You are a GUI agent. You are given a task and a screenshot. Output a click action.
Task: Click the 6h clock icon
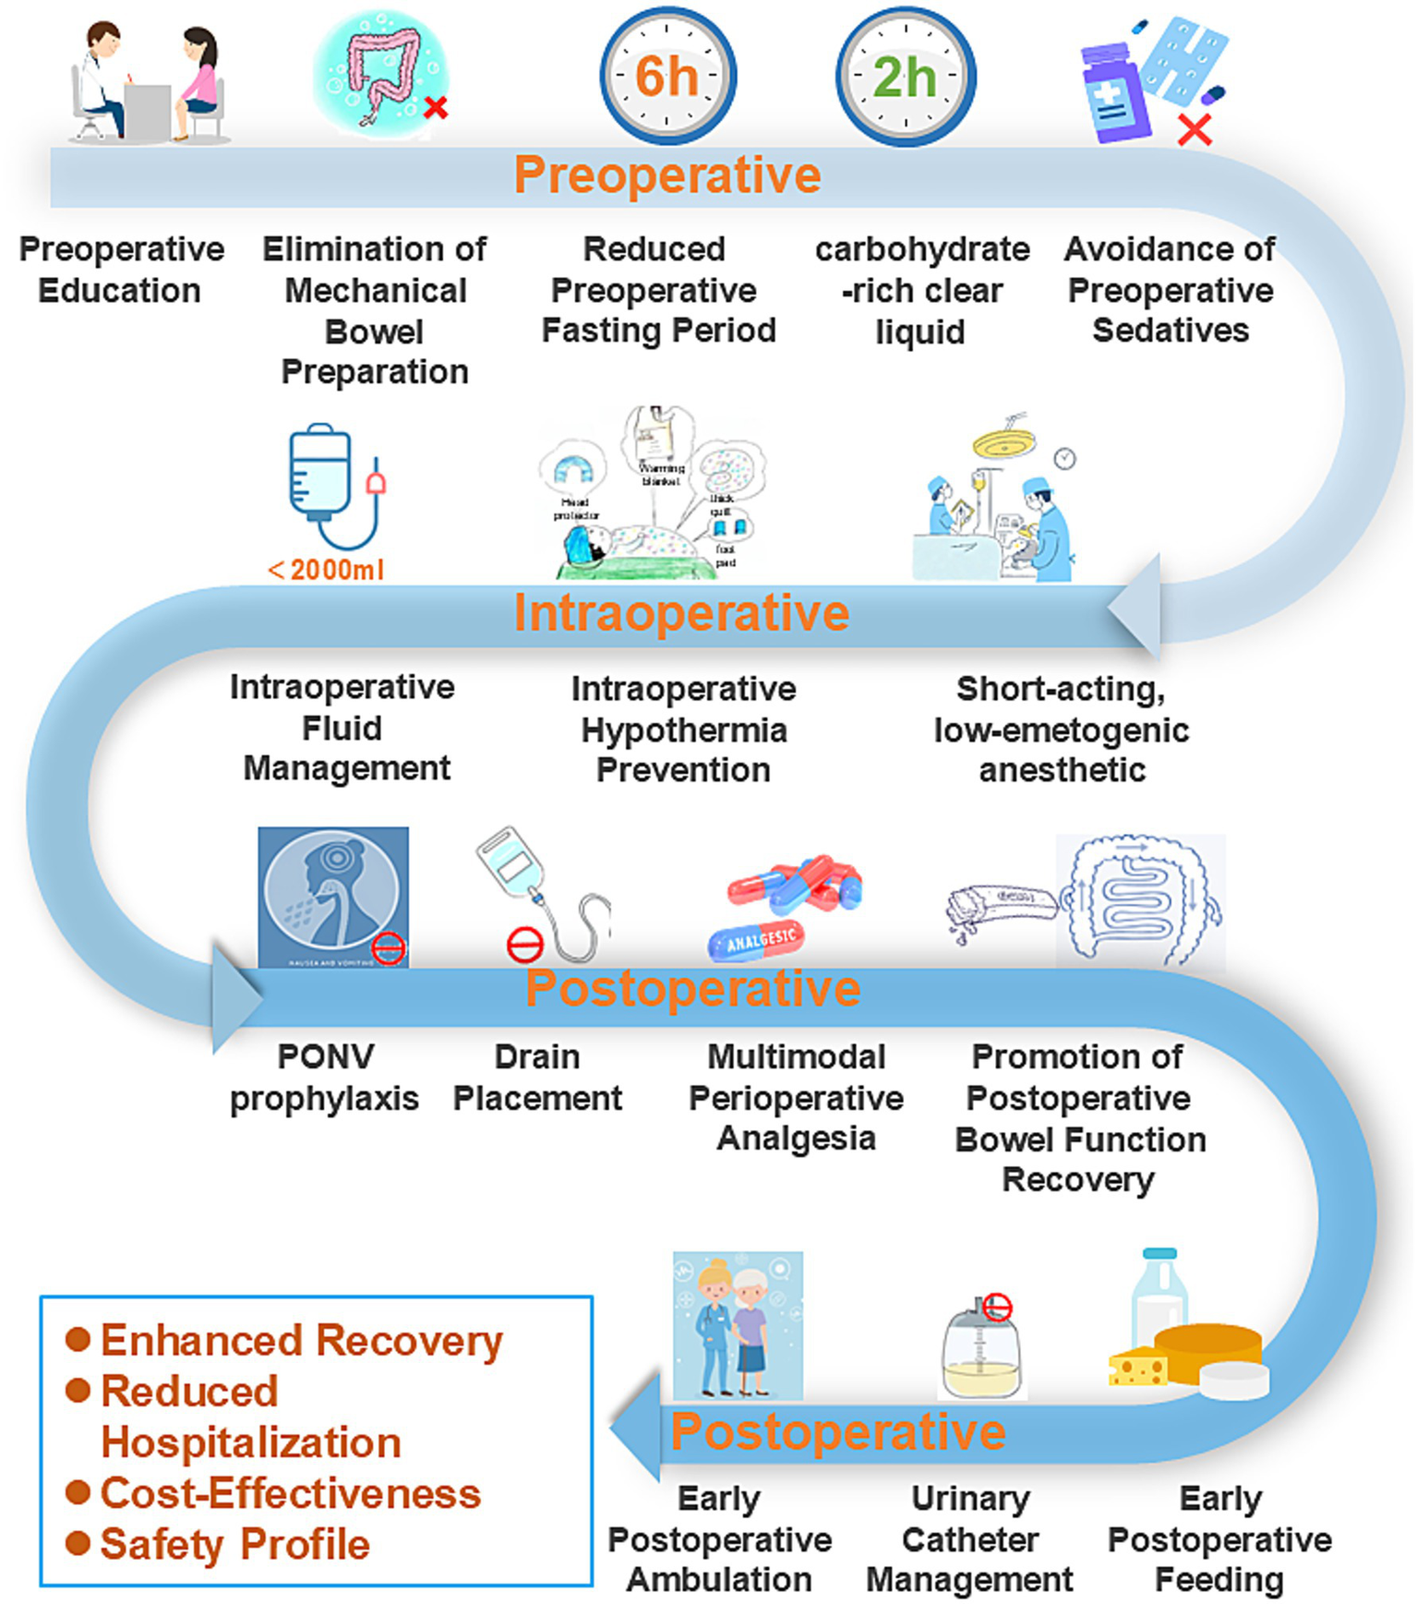[667, 76]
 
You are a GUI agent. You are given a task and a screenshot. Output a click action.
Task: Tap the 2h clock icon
[906, 76]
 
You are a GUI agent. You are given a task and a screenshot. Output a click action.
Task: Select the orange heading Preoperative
[666, 175]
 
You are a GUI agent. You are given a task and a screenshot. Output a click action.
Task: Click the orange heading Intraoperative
[681, 612]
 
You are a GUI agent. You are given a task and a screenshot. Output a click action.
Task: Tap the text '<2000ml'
[326, 570]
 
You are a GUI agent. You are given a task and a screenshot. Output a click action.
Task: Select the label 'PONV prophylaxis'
[324, 1077]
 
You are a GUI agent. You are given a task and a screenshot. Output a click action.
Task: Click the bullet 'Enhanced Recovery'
[301, 1341]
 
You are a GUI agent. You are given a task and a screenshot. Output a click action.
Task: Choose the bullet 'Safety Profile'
[234, 1544]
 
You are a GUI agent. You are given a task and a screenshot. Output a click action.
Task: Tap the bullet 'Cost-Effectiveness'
[290, 1493]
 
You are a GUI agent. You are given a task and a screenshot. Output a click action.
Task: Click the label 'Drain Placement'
[537, 1077]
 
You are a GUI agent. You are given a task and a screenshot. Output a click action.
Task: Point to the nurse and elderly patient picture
[738, 1325]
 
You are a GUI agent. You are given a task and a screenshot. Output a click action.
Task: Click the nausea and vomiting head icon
[332, 896]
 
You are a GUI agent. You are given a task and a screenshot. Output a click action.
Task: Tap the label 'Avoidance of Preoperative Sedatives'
[1170, 289]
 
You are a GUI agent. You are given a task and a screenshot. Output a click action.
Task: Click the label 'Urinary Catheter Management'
[969, 1538]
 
